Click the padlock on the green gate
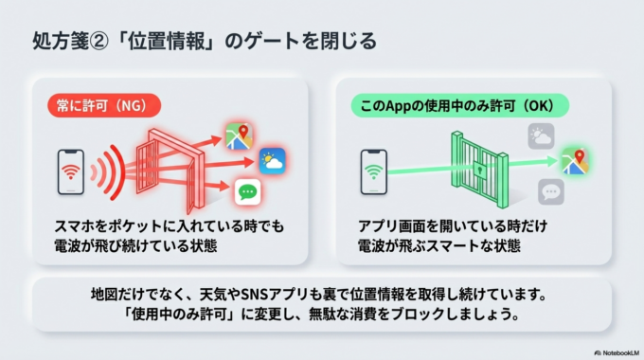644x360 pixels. tap(481, 171)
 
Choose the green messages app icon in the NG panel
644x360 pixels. tap(248, 192)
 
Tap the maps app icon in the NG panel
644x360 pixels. tap(238, 135)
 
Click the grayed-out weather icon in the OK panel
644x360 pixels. tap(541, 137)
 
